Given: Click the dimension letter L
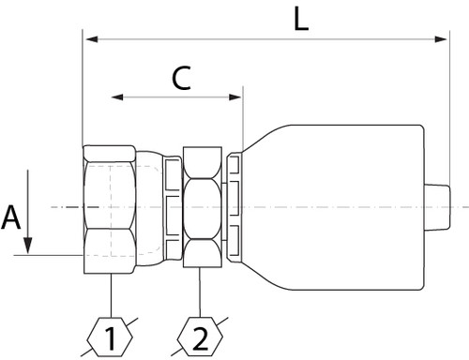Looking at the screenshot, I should [x=300, y=21].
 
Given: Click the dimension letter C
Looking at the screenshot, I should [x=182, y=81].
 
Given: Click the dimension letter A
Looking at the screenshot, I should [x=11, y=218].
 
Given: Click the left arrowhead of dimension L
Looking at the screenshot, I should [x=90, y=39].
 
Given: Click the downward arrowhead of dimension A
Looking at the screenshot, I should [x=29, y=246].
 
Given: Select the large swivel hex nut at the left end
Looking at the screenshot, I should [x=111, y=207].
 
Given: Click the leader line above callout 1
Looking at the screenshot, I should [x=112, y=295].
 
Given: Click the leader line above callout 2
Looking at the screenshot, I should [x=203, y=295].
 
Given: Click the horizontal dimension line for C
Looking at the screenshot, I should [x=177, y=97].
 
